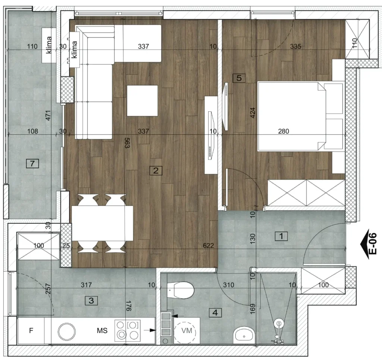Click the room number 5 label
[239, 78]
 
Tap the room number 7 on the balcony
[32, 164]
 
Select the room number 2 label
[156, 170]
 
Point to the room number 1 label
[281, 236]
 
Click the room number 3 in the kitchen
[91, 301]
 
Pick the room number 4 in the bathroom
[215, 313]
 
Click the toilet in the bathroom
[181, 290]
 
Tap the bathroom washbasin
[244, 336]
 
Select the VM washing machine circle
[187, 331]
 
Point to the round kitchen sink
[67, 331]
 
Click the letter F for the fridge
[31, 330]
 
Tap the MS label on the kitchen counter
[102, 330]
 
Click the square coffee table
[142, 100]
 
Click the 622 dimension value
[208, 245]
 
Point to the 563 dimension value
[127, 143]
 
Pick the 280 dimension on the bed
[284, 131]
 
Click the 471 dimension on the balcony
[48, 115]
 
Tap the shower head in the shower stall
[279, 324]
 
